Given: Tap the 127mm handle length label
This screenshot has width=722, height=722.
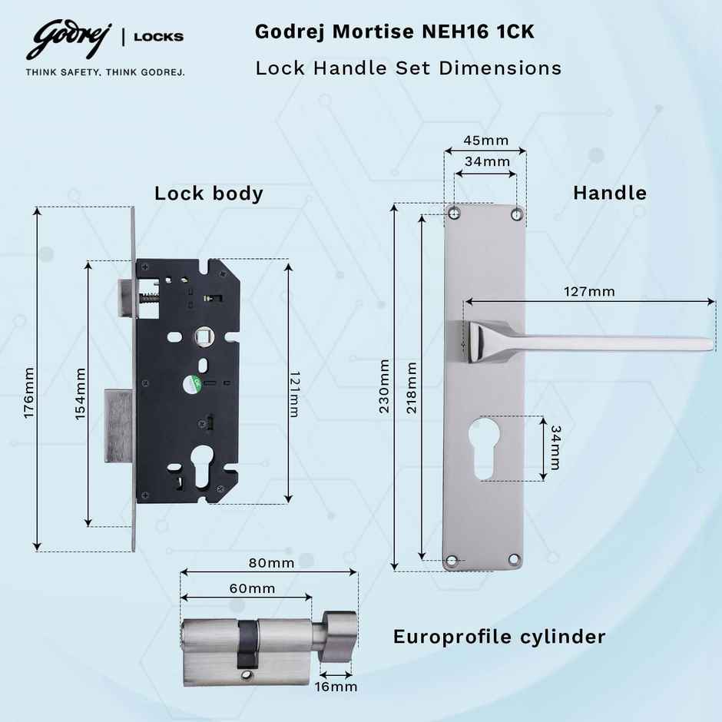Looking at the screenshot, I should (589, 291).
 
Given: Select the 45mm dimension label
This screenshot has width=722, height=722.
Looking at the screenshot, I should (485, 140).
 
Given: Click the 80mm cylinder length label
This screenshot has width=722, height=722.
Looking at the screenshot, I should (271, 563).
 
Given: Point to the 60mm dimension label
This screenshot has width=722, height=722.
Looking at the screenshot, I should (252, 588).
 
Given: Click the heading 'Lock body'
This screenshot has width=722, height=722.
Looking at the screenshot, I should (208, 193).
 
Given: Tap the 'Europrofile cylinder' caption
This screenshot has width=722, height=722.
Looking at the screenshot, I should (499, 637).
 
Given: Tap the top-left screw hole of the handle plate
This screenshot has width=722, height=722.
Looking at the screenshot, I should (455, 212).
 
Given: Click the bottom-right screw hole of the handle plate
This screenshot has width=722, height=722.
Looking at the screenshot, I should (516, 561).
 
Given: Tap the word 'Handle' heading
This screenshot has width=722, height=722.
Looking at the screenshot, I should (610, 193).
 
